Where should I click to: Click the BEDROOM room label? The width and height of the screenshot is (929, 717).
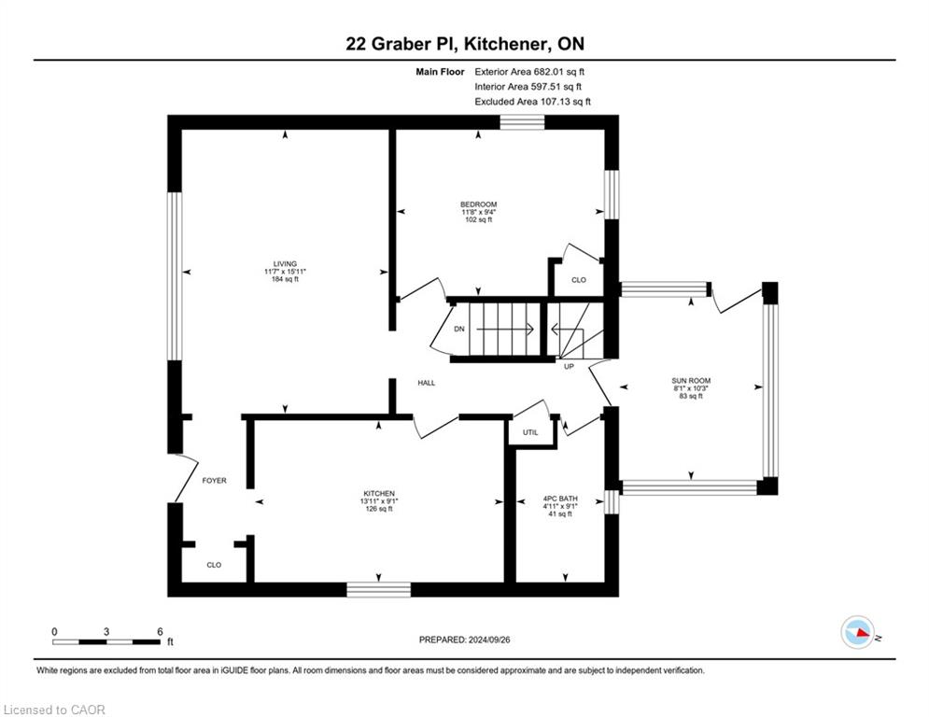(x=478, y=204)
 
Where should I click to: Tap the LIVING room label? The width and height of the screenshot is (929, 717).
(x=285, y=264)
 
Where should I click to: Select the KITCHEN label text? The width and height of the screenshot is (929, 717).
(x=378, y=494)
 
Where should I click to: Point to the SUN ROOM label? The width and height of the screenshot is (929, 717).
(x=691, y=381)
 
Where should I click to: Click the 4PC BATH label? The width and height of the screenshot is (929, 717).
(x=560, y=499)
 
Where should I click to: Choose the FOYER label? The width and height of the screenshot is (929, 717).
(x=214, y=481)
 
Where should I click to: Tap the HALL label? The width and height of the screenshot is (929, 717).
(x=426, y=383)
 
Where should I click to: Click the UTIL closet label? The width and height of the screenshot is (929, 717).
(x=530, y=432)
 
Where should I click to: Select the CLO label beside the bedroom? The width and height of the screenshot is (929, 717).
(x=579, y=280)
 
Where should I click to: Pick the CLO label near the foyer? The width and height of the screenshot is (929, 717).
(x=214, y=565)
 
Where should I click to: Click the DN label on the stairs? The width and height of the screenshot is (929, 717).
(x=459, y=329)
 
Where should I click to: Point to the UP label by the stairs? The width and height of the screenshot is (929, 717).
(x=569, y=366)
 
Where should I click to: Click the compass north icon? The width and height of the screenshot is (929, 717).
(x=858, y=632)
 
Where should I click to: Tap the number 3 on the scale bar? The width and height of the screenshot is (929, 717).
(x=106, y=632)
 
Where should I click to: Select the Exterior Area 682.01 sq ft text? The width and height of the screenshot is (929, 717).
(x=529, y=72)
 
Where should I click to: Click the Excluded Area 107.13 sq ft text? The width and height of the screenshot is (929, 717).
(x=532, y=102)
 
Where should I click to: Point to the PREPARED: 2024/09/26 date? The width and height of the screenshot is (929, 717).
(x=465, y=640)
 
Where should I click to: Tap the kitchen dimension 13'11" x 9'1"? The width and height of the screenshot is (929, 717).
(x=379, y=501)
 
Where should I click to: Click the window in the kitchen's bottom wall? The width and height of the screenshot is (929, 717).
(x=378, y=590)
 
